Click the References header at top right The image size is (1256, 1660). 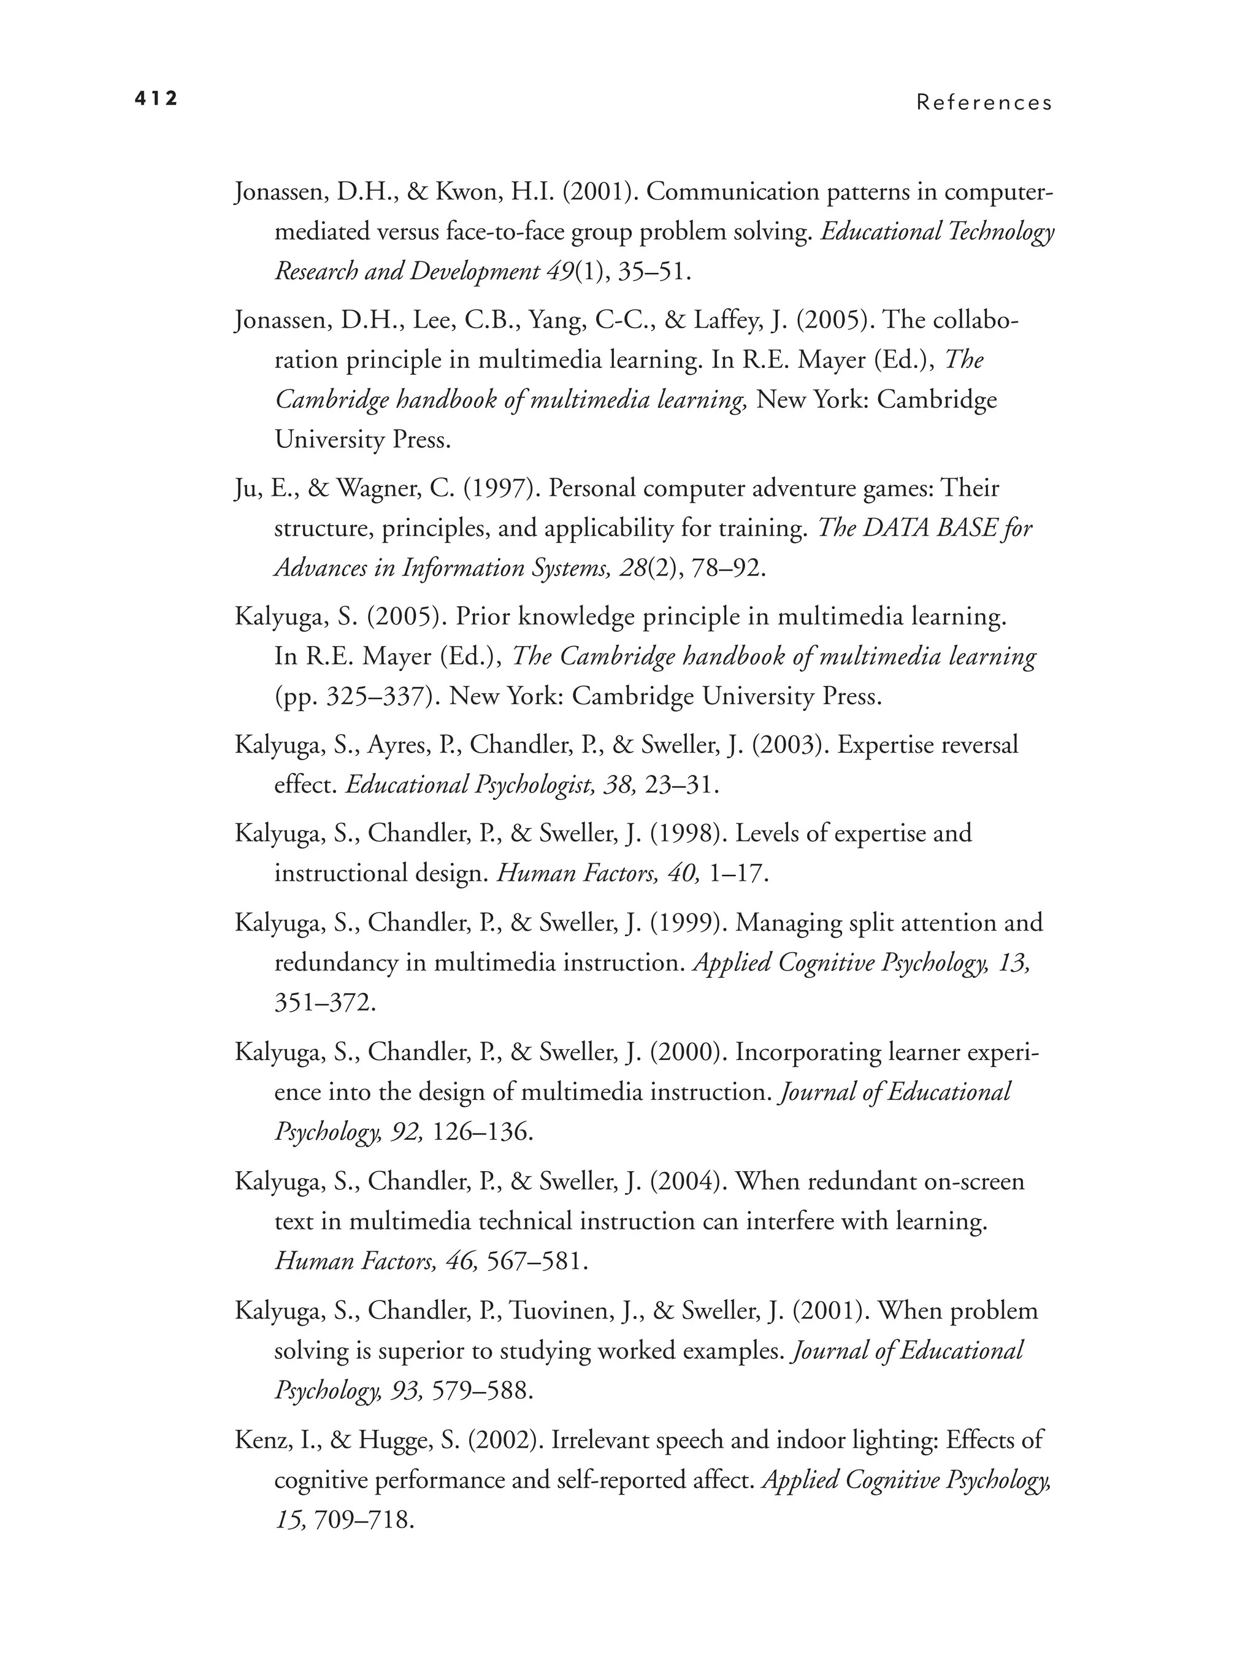984,103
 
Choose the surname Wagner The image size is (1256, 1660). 379,488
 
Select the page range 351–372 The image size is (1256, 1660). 324,1002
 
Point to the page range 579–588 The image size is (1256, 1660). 481,1390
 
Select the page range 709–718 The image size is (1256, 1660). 363,1520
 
